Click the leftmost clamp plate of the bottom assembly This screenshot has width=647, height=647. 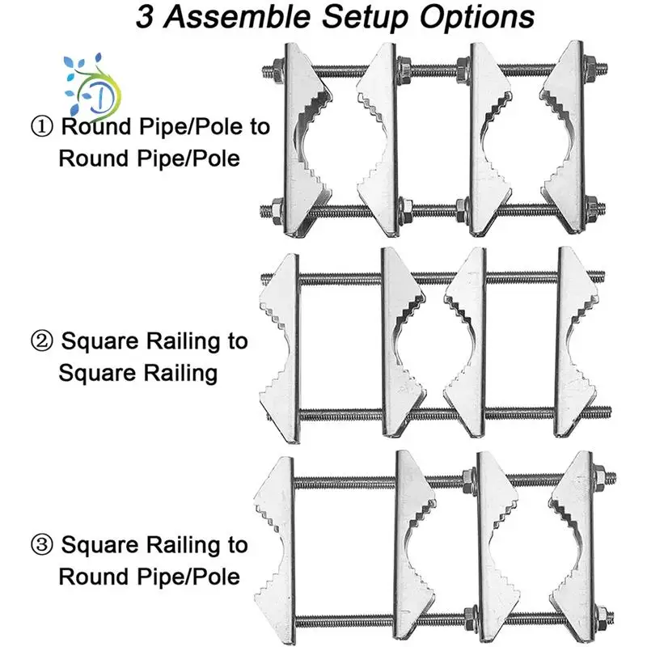275,546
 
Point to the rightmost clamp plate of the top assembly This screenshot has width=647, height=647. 570,137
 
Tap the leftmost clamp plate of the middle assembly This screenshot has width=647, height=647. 279,344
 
